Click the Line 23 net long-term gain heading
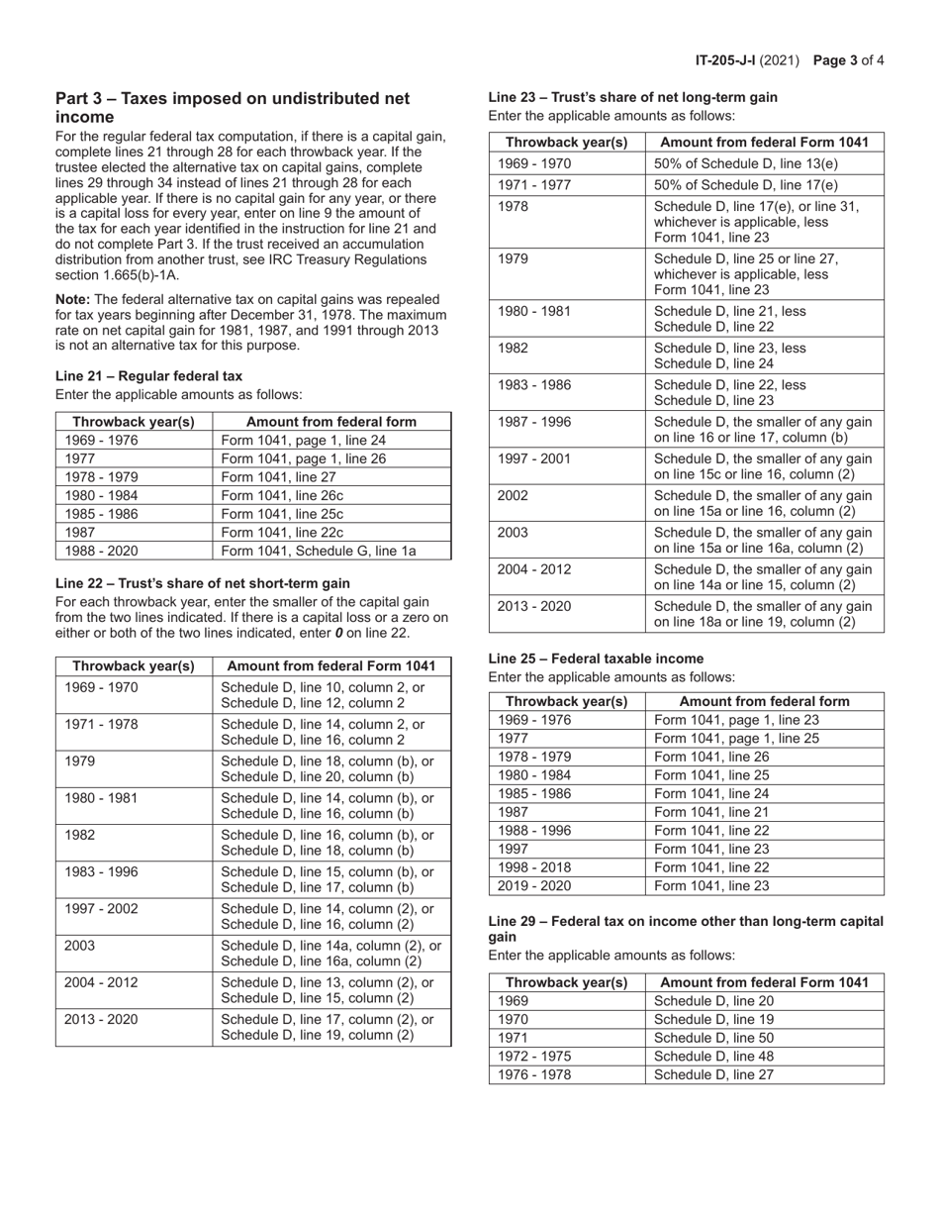point(632,97)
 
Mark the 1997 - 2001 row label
point(533,457)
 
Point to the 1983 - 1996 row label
point(101,872)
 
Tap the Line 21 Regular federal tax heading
point(148,375)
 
